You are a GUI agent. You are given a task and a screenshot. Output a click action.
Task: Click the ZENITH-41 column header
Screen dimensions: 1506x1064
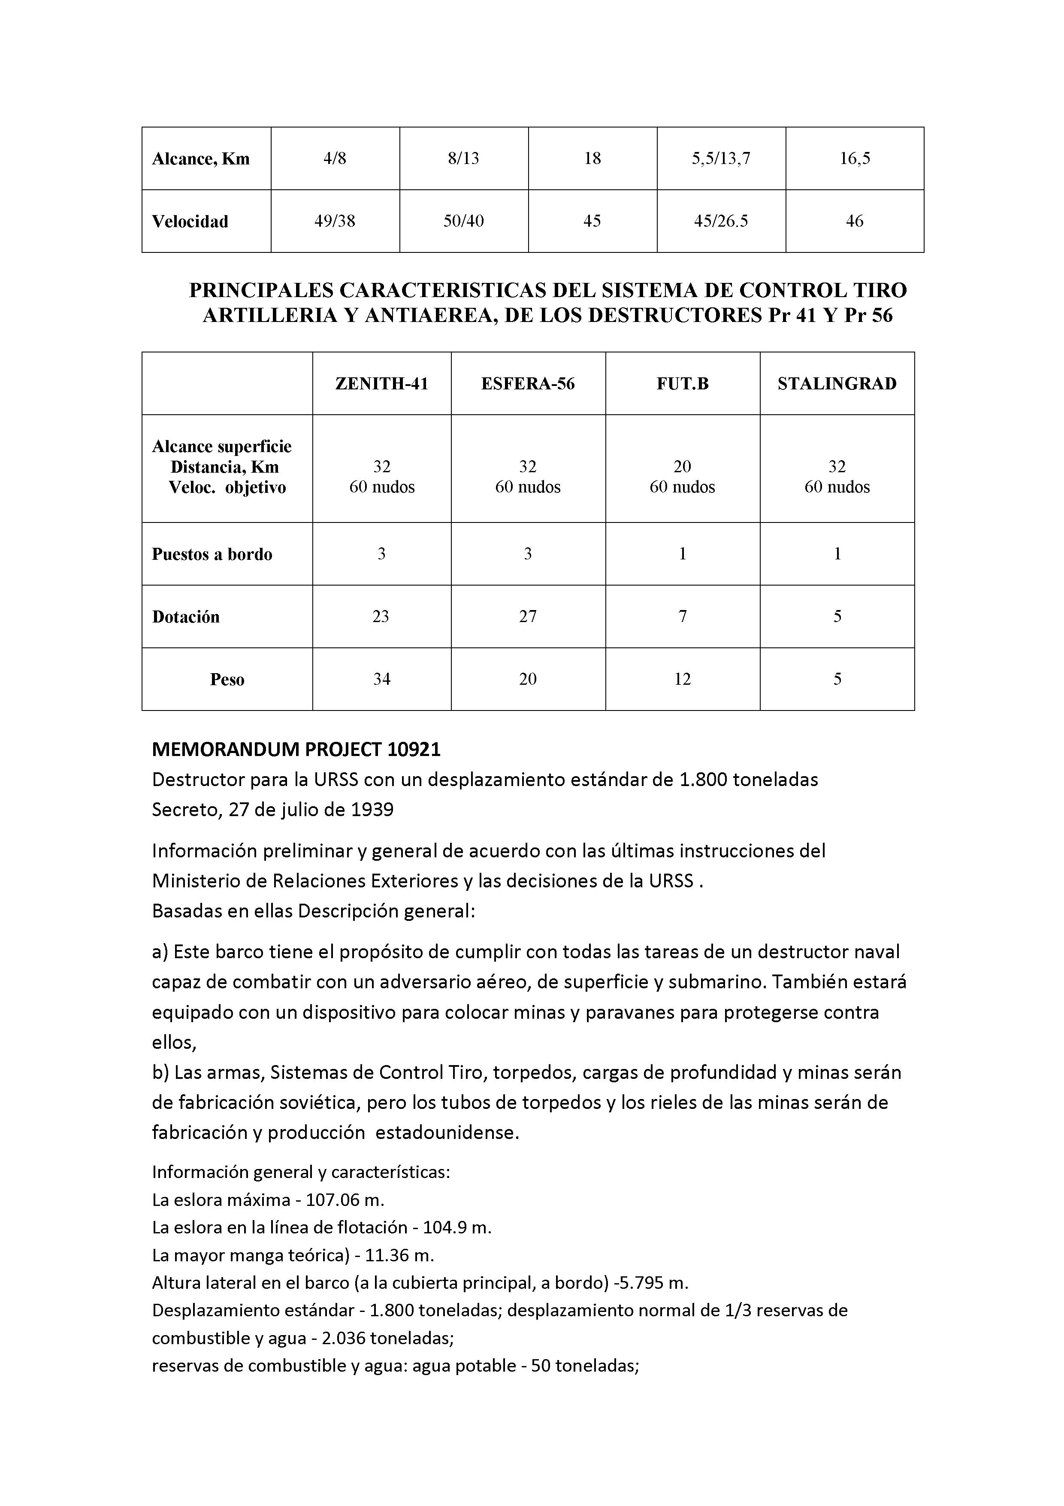click(381, 384)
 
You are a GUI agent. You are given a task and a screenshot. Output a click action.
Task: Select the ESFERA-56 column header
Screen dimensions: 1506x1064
click(528, 384)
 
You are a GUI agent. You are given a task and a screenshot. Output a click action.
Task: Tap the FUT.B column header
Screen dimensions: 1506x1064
click(683, 384)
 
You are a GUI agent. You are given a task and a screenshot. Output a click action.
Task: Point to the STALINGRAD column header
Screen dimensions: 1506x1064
click(837, 384)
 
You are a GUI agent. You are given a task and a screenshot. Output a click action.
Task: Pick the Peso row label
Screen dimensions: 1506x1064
click(227, 680)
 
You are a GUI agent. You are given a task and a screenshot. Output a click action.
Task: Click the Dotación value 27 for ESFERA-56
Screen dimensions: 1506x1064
click(528, 616)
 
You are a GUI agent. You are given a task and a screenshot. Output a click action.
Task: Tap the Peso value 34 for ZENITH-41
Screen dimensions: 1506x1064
click(381, 680)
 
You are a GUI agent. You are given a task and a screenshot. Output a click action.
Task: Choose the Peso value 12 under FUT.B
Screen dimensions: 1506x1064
click(683, 680)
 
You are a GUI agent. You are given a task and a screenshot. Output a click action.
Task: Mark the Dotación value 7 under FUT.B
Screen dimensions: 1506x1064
click(683, 616)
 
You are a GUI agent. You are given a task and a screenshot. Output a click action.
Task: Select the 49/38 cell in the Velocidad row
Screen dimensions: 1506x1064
click(335, 221)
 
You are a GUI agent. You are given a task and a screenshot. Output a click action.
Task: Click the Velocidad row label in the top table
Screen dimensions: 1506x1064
click(190, 222)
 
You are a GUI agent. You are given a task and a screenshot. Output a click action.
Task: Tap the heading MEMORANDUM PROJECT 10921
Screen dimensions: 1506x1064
click(296, 749)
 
